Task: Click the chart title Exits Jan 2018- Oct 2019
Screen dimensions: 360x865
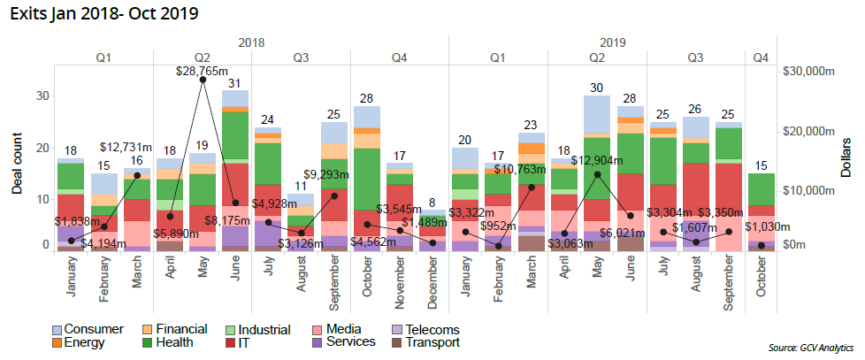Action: point(103,13)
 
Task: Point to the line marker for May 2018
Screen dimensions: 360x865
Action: point(203,80)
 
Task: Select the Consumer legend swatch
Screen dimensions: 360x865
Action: point(57,330)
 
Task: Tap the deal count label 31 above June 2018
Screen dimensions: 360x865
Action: point(235,83)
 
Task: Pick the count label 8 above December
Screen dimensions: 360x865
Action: point(432,203)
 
